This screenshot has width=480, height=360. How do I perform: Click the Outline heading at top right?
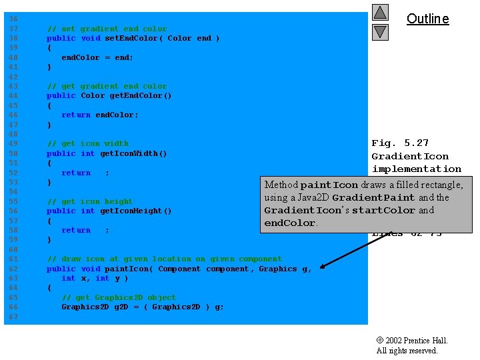(x=427, y=19)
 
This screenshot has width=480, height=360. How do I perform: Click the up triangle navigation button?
(x=380, y=12)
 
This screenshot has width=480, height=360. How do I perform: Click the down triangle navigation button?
(x=380, y=31)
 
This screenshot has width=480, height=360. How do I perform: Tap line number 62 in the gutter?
(x=13, y=269)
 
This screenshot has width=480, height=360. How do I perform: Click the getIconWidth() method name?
(x=133, y=153)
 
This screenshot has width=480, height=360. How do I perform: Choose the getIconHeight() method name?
(x=135, y=211)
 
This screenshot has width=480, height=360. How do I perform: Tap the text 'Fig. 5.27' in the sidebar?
(x=400, y=143)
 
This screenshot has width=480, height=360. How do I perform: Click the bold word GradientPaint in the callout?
(x=373, y=198)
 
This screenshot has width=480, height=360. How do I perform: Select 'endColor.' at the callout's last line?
(x=291, y=223)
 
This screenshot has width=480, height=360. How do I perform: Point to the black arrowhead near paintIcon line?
(x=323, y=267)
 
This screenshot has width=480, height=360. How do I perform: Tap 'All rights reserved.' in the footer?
(x=407, y=351)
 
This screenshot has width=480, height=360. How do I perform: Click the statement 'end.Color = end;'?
(x=97, y=57)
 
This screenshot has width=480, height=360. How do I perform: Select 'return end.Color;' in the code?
(x=100, y=115)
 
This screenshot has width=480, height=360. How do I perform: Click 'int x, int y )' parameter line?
(x=95, y=278)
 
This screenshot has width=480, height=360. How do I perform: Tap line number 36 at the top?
(x=13, y=19)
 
